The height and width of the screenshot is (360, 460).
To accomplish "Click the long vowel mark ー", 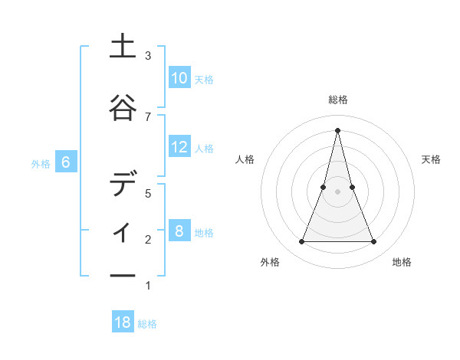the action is [123, 276].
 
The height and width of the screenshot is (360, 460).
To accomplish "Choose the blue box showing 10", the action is [179, 78].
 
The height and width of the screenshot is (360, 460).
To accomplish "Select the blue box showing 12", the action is [179, 147].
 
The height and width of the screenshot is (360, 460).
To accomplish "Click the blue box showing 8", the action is [179, 231].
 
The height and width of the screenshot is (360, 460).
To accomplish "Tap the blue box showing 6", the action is [66, 162].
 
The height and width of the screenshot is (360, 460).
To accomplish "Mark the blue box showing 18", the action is [123, 322].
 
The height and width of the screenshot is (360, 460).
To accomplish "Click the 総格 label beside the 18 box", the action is [147, 324].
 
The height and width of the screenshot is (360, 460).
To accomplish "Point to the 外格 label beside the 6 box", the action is [41, 163].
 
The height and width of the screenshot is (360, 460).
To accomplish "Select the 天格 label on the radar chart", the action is [431, 159].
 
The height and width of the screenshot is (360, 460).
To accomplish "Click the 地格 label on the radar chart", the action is [402, 262].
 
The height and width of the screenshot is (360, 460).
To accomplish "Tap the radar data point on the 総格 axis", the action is [337, 130].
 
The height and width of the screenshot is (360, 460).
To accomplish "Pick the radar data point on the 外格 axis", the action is [301, 242].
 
